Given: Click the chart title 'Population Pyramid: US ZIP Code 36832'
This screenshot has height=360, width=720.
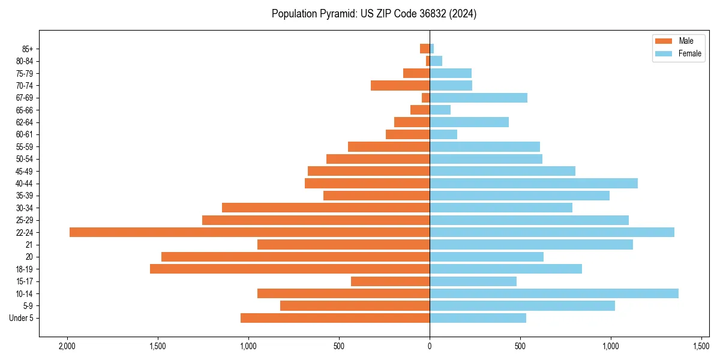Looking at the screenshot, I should [x=374, y=14].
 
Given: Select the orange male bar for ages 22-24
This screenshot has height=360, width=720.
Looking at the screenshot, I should [x=250, y=232].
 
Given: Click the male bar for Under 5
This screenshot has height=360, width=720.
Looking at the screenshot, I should [x=335, y=318].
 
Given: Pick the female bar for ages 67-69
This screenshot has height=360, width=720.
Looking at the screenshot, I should [x=478, y=98].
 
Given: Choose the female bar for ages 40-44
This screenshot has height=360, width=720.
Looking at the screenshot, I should [x=533, y=183].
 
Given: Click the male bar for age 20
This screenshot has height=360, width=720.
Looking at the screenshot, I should [x=295, y=257].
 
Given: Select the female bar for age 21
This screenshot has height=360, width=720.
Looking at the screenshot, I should [x=531, y=244].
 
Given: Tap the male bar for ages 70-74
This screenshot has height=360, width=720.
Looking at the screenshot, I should [x=400, y=85].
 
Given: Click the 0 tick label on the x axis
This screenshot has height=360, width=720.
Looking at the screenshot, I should [x=430, y=346].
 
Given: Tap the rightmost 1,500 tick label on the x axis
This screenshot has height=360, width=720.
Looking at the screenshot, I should [x=701, y=346].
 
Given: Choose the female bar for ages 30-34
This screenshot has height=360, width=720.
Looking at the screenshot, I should [x=501, y=208].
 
